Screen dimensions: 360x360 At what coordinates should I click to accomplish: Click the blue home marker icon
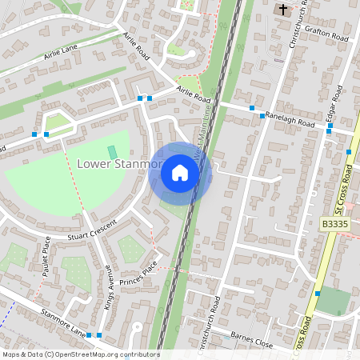click(x=180, y=173)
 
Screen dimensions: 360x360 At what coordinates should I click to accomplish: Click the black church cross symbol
click(x=282, y=10)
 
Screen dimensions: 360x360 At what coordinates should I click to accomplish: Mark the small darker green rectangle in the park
click(x=112, y=152)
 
